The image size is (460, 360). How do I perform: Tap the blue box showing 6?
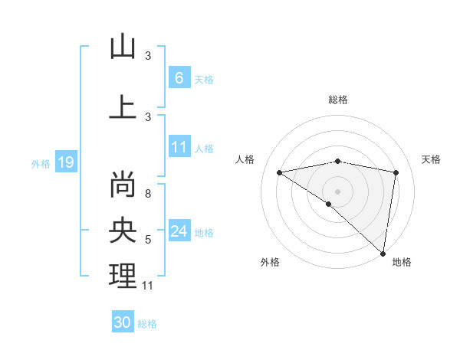coord(179,78)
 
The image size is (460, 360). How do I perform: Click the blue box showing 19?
coord(65,162)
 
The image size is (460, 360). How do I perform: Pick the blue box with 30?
coord(123,322)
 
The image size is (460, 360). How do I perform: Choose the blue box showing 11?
coord(179,148)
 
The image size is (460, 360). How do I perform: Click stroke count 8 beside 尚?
coord(148,194)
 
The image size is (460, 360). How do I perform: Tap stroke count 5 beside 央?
coord(148,240)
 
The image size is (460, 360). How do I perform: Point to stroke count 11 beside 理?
coord(148,286)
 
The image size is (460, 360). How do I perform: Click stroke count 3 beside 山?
coord(148,56)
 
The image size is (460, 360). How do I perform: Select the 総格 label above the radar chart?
coord(337,100)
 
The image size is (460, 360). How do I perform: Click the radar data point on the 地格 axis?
coord(383,253)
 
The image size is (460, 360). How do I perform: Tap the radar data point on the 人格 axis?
coord(280,172)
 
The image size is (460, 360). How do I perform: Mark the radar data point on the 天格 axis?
coord(396,172)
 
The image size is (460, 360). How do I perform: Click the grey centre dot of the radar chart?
coord(337,191)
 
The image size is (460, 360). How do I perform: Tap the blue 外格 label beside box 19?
coord(41,163)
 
